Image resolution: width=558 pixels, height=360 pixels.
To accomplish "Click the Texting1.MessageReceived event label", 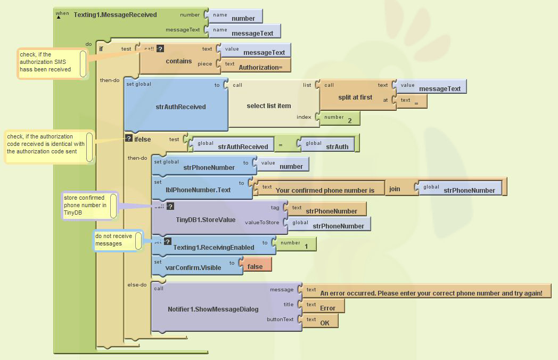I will click(x=115, y=15).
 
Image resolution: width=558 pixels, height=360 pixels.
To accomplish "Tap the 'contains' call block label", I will click(x=178, y=61).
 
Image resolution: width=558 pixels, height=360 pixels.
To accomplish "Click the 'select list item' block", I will click(x=268, y=106).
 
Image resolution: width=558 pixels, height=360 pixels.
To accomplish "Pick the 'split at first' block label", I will click(x=355, y=97).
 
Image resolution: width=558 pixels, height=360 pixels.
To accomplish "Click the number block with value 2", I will click(x=349, y=121).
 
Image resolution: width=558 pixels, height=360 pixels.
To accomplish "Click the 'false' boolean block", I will click(x=255, y=267).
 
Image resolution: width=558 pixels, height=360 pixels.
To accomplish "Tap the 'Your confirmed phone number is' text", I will click(x=325, y=190).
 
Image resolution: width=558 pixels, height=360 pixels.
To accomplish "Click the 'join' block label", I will click(x=395, y=189).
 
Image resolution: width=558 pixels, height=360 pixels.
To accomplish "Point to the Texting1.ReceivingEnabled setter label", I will click(x=214, y=248).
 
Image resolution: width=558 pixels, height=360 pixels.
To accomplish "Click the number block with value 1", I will click(x=306, y=247).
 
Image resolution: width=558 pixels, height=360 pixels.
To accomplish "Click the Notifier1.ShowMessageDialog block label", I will click(x=213, y=309).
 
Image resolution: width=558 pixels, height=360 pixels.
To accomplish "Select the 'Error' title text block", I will click(x=327, y=308).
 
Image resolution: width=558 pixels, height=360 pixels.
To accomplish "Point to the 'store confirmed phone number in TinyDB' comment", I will click(x=85, y=205).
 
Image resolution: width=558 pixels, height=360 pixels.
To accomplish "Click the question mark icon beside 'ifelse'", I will click(x=128, y=138).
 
